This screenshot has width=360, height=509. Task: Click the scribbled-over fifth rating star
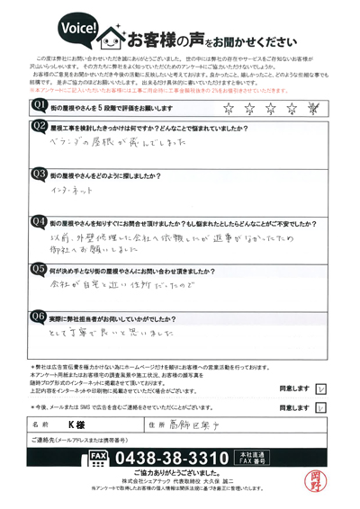(314, 109)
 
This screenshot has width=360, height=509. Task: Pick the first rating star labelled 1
(227, 109)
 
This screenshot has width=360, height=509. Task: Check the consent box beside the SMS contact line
(320, 406)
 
